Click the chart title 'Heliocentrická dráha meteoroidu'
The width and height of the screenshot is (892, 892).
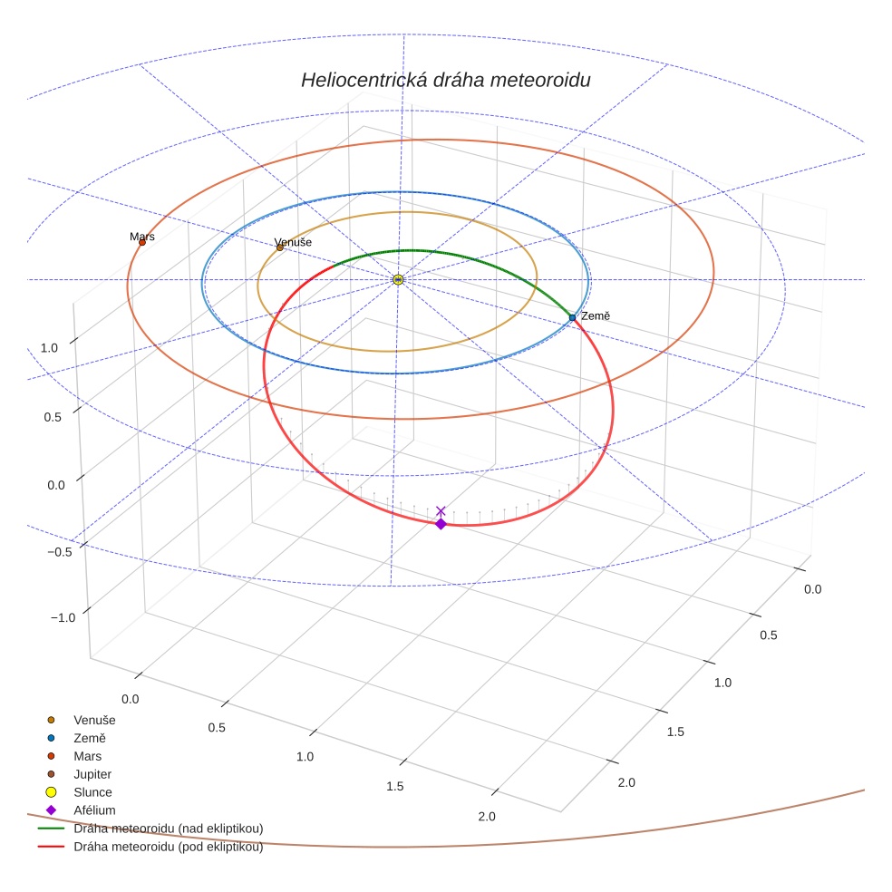pos(445,80)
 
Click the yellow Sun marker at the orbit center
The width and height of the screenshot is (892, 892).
pos(398,279)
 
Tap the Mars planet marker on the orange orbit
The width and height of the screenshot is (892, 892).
pos(142,242)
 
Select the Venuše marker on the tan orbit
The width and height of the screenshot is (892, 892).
pos(279,247)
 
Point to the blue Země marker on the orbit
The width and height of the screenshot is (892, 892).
pos(572,317)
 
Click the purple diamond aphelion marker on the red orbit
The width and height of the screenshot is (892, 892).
pos(441,524)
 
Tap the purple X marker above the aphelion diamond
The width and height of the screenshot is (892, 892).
pos(441,511)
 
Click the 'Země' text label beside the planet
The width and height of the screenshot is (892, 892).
pos(596,315)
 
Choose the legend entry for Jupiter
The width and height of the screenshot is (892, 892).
pos(92,774)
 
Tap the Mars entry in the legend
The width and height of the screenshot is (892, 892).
pos(87,756)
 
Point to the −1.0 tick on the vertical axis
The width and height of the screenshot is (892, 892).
pos(63,617)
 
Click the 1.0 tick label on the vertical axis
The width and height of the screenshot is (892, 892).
pos(48,348)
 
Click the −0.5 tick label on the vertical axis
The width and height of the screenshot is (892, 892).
pos(59,552)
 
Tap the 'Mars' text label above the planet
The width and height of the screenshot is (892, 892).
pos(142,237)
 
